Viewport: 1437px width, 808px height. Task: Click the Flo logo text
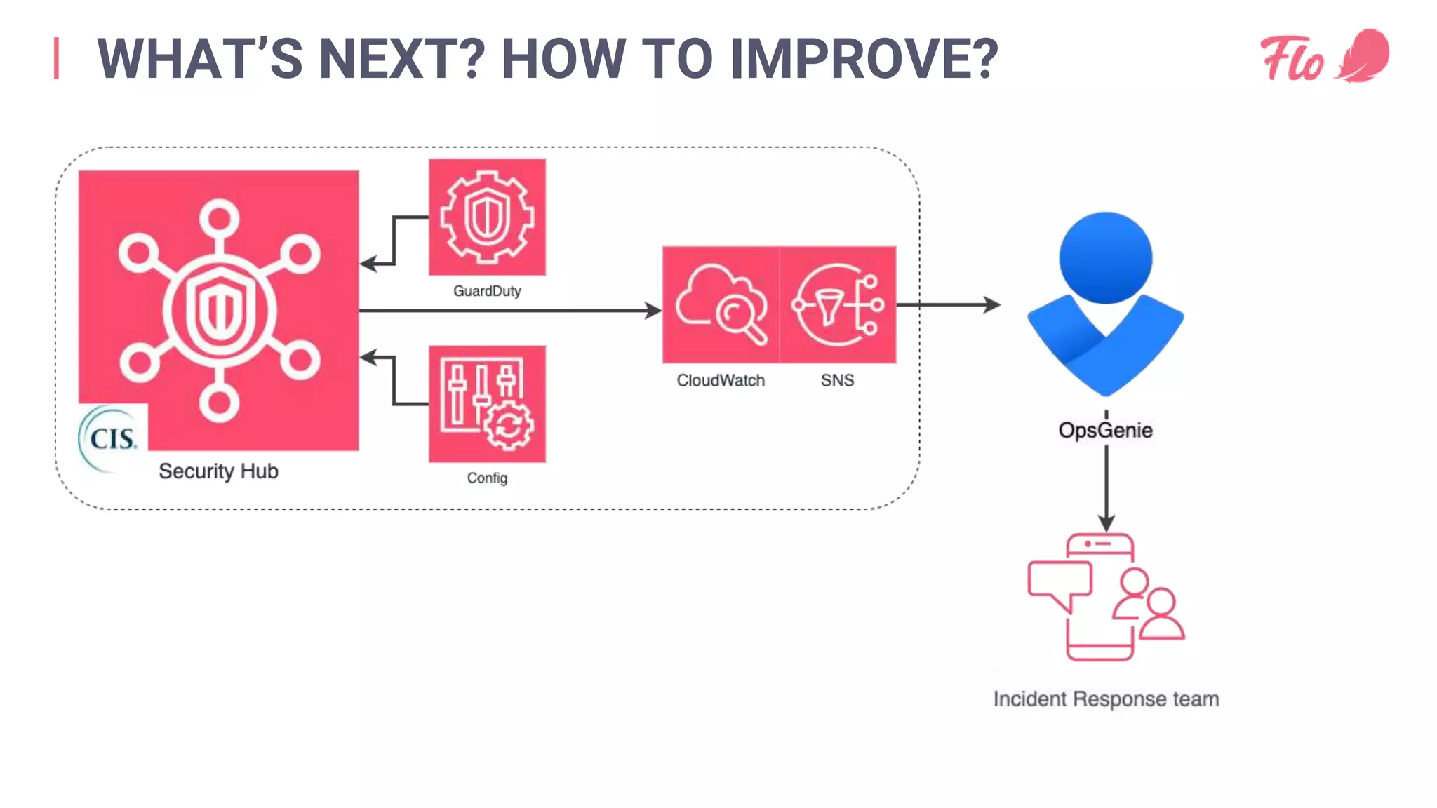pos(1292,59)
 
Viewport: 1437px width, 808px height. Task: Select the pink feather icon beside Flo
pos(1365,56)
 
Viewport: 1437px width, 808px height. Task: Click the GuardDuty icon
pos(487,217)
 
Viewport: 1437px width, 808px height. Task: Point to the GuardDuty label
pos(487,291)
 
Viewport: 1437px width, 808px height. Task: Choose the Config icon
pos(487,403)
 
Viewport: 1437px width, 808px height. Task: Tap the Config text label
pos(487,478)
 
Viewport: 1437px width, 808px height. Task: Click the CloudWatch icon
pos(721,304)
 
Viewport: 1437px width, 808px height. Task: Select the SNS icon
pos(838,304)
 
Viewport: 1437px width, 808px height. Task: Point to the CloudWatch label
pos(721,380)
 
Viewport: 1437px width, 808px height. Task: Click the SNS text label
pos(837,380)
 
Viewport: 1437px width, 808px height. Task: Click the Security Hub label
pos(218,471)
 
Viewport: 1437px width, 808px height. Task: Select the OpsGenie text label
pos(1105,430)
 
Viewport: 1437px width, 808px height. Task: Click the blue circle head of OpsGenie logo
pos(1105,257)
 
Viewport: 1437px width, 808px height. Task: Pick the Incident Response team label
pos(1106,699)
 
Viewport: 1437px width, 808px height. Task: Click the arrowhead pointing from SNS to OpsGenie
pos(992,304)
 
